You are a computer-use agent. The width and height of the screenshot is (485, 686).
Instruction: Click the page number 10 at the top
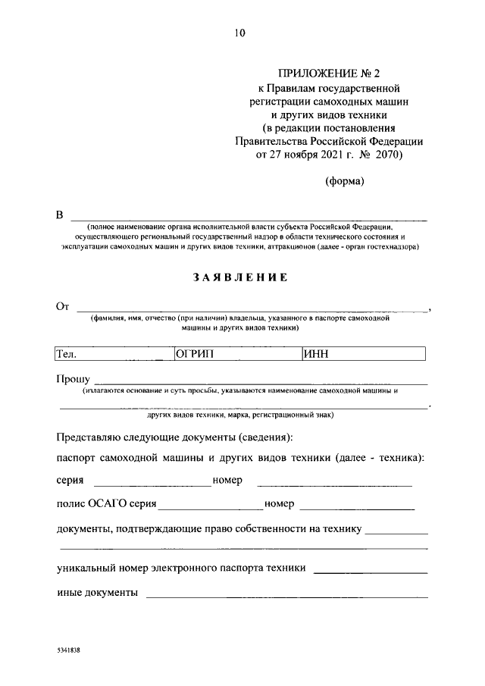coord(240,33)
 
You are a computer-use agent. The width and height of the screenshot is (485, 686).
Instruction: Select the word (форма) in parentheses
coord(345,181)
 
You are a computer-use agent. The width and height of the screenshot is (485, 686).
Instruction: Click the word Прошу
coord(73,379)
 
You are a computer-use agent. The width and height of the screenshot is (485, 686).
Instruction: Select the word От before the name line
coord(63,307)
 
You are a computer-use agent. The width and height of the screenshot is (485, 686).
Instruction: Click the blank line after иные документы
coord(286,597)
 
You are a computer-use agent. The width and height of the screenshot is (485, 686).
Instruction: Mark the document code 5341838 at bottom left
coord(68,651)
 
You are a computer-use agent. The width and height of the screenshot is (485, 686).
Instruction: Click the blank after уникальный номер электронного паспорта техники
coord(370,572)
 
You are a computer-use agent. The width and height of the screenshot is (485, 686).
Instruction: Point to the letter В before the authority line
coord(60,215)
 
